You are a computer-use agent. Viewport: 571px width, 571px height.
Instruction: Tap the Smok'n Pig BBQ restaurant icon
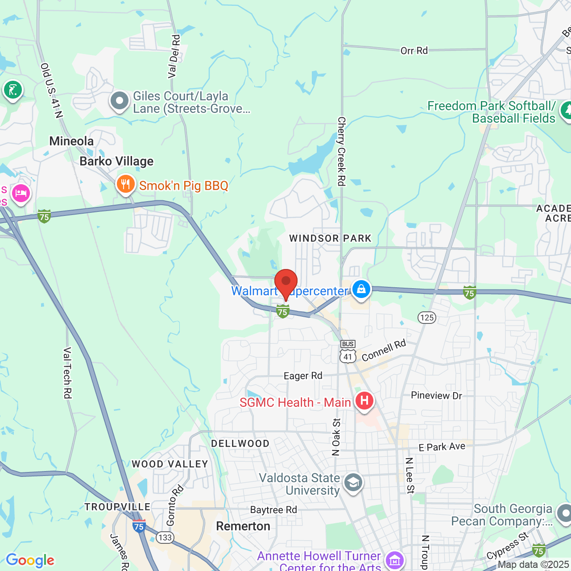coord(126,184)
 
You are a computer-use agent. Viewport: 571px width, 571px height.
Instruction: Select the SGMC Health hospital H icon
coord(364,401)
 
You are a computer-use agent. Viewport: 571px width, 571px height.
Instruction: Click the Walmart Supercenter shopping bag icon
coord(361,289)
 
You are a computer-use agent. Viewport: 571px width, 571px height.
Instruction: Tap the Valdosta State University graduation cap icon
coord(353,483)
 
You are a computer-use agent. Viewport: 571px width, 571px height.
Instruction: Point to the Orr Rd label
coord(414,51)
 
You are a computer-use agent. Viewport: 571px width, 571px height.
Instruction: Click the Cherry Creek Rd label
coord(341,151)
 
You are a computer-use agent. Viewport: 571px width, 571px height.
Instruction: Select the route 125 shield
coord(427,318)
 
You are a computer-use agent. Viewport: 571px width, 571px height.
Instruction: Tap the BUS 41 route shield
coord(348,352)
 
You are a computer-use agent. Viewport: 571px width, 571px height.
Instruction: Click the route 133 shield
coord(165,537)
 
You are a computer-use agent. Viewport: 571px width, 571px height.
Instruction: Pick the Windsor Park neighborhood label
coord(330,238)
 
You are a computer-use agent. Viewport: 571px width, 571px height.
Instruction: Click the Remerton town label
coord(243,526)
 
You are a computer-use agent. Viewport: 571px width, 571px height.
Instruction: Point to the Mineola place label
coord(71,141)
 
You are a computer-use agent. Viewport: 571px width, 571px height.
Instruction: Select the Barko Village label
coord(116,161)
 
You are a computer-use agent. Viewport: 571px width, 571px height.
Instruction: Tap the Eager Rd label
coord(303,376)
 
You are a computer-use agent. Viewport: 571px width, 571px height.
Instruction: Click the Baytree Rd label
coord(273,510)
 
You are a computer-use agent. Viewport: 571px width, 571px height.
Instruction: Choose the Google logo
coord(30,560)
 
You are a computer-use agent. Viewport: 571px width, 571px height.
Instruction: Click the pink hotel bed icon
coord(21,194)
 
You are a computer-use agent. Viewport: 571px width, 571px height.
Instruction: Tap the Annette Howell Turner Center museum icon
coord(395,560)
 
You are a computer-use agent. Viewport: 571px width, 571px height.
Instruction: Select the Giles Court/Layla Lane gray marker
coord(120,101)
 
